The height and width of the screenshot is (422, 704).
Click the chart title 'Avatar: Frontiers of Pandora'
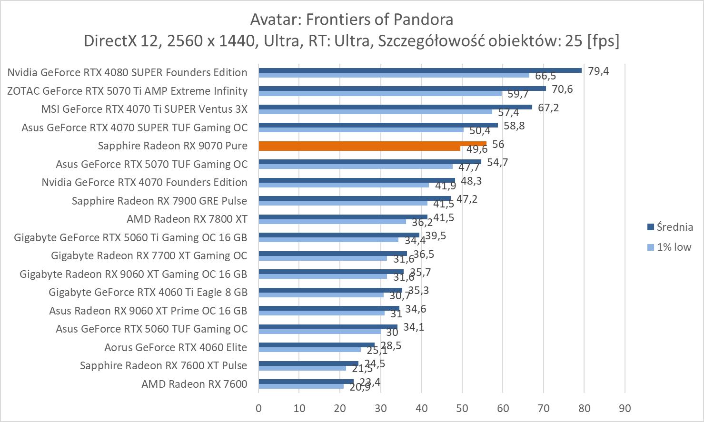[x=351, y=20]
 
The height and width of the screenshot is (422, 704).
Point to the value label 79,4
[x=598, y=71]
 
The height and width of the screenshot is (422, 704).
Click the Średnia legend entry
[x=674, y=227]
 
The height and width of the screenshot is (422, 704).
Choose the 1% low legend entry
[x=674, y=247]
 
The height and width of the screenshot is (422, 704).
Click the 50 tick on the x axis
[x=462, y=408]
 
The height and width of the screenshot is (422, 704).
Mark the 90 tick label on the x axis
[x=625, y=408]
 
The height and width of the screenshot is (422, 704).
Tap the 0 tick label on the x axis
[x=258, y=408]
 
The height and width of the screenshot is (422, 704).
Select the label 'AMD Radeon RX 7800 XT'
[x=187, y=219]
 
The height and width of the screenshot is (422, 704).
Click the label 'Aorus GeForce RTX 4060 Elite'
[x=176, y=347]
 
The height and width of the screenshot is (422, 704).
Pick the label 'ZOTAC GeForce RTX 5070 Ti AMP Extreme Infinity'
[x=127, y=91]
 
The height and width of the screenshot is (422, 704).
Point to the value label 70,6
[x=562, y=89]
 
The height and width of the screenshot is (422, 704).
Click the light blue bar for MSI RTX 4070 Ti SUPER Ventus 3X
[x=375, y=112]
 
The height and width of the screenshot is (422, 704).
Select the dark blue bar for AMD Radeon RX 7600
[x=306, y=381]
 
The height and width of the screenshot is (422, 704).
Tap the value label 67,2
[x=548, y=108]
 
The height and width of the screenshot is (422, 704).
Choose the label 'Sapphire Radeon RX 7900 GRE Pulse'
[x=159, y=201]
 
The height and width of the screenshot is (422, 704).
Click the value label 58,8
[x=514, y=126]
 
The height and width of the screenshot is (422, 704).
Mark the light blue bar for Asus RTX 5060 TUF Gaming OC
[x=319, y=332]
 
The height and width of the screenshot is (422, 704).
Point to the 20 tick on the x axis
[x=340, y=408]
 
